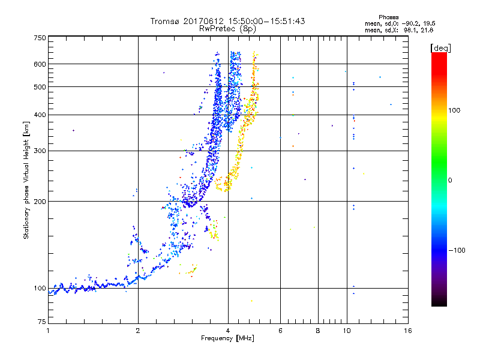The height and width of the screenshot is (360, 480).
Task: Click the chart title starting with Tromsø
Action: point(227,21)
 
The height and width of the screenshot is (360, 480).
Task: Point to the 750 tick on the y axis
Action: point(40,38)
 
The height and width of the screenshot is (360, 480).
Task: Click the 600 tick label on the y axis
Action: point(40,64)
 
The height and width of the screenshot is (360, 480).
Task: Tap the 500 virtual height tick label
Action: point(40,87)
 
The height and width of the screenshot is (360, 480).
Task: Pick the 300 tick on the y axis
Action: point(40,151)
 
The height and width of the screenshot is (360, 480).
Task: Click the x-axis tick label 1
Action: point(48,331)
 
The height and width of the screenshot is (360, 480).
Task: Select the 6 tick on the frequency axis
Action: point(280,331)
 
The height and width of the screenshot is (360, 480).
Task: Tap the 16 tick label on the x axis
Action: point(407,331)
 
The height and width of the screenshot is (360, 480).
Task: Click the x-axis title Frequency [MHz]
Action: point(227,339)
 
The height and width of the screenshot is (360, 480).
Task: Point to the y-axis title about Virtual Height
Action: point(26,181)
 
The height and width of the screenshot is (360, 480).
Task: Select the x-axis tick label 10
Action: point(346,331)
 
